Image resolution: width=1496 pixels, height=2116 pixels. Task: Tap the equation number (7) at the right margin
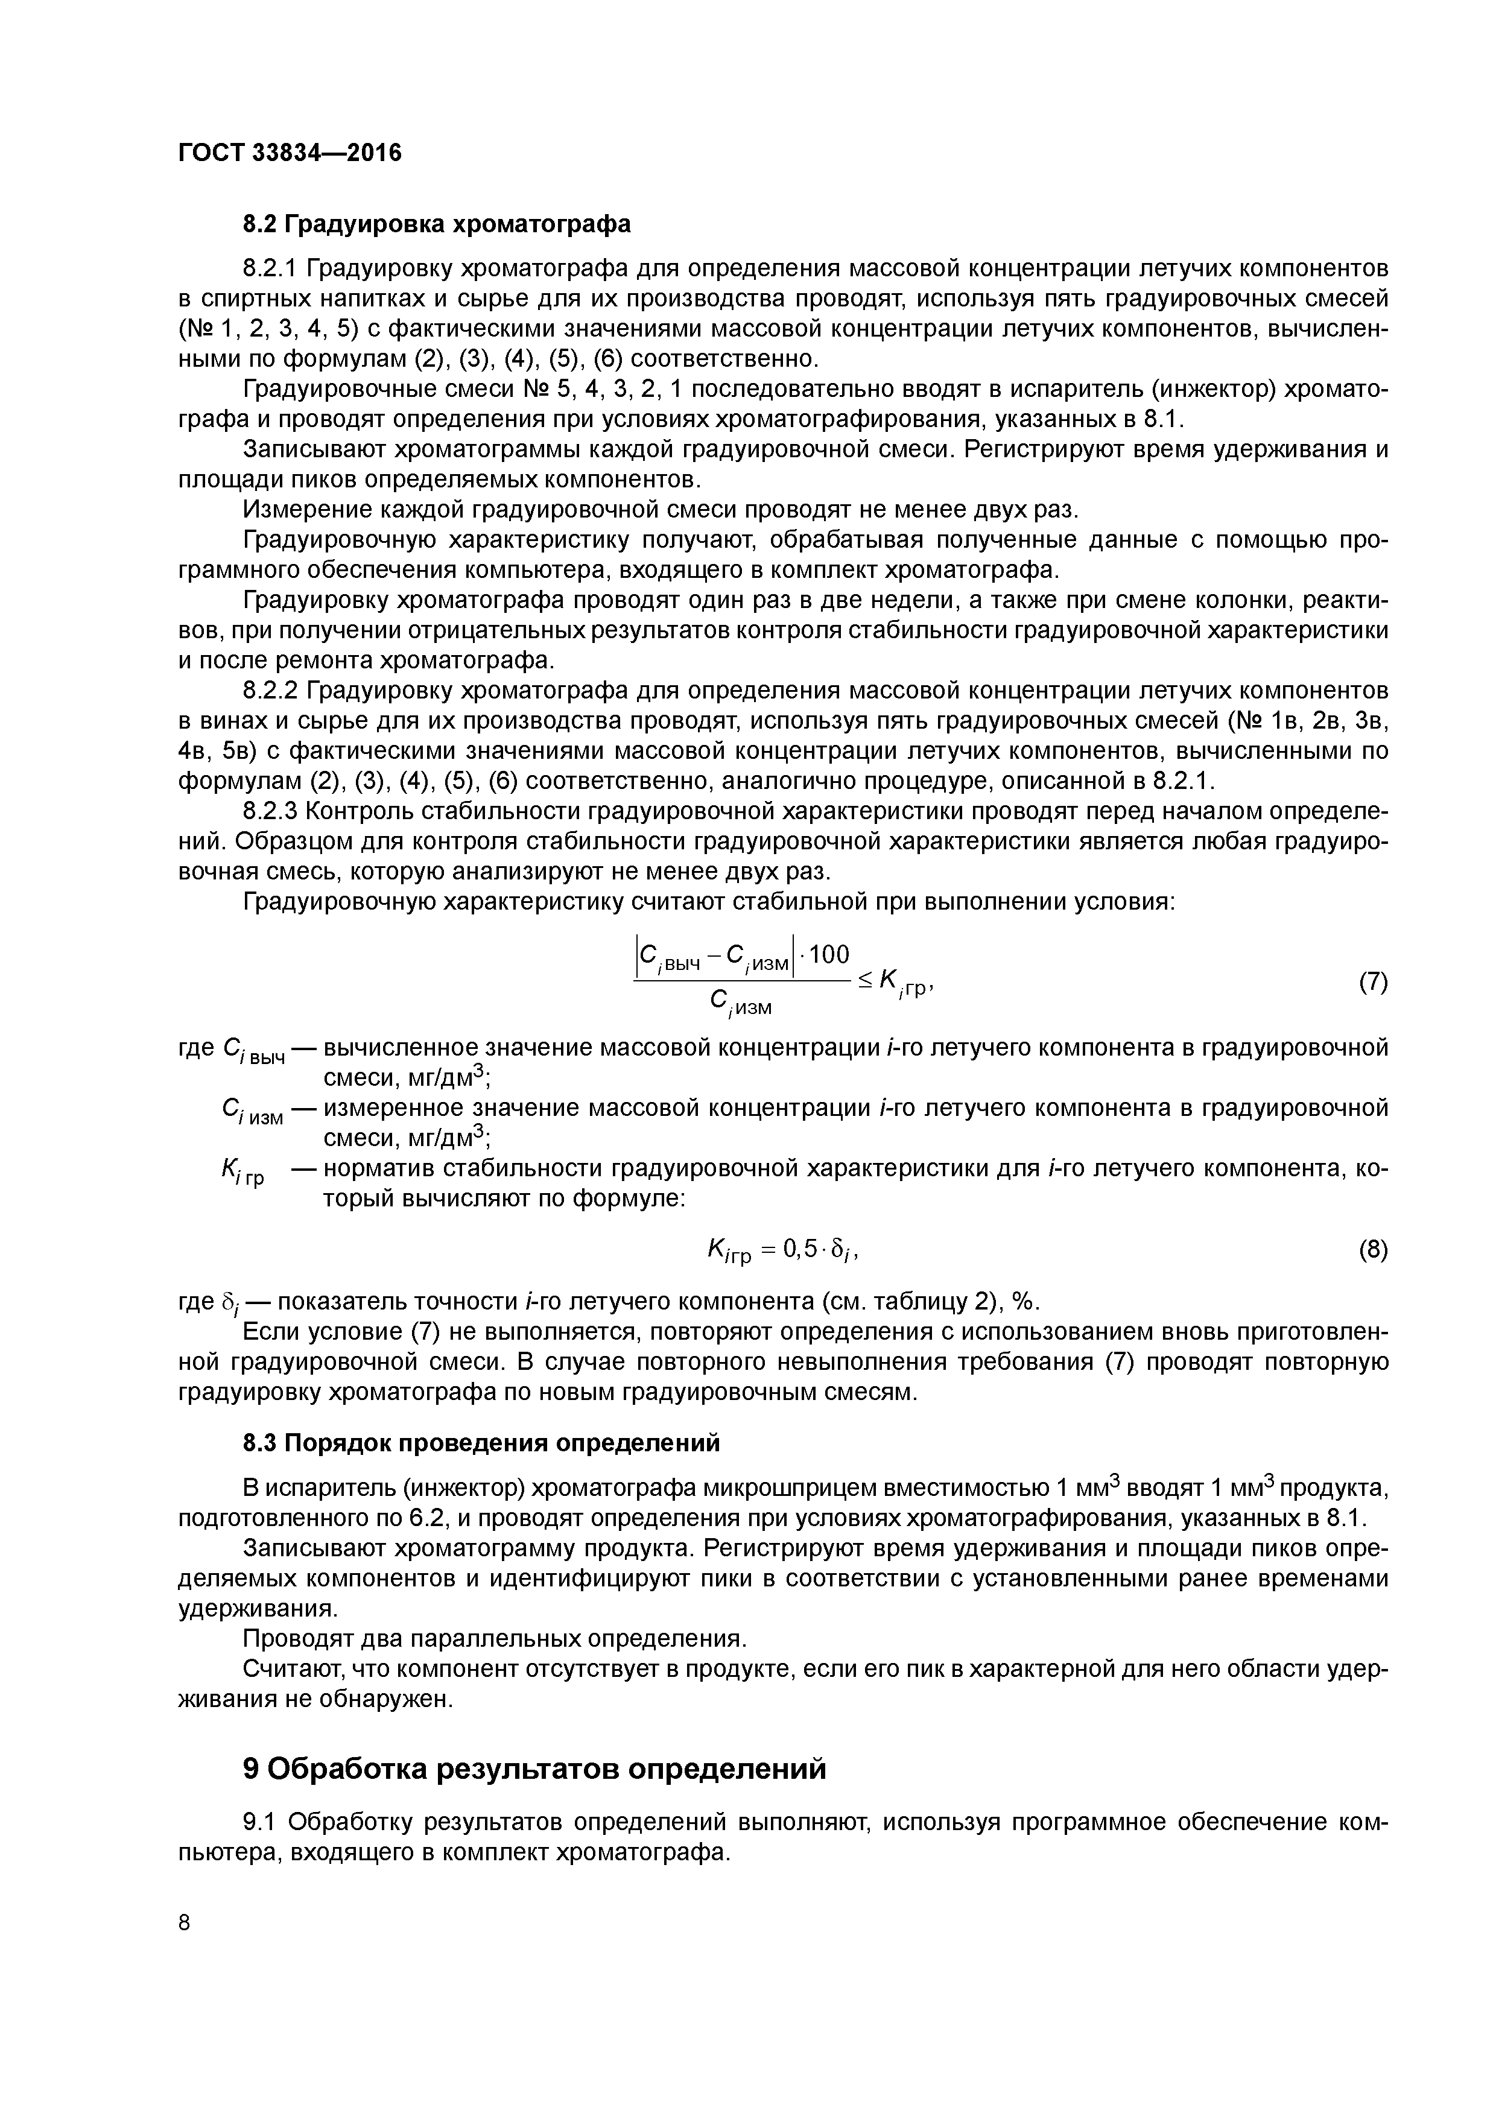pyautogui.click(x=1372, y=983)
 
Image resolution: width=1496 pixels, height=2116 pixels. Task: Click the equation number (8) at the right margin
pyautogui.click(x=1372, y=1250)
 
